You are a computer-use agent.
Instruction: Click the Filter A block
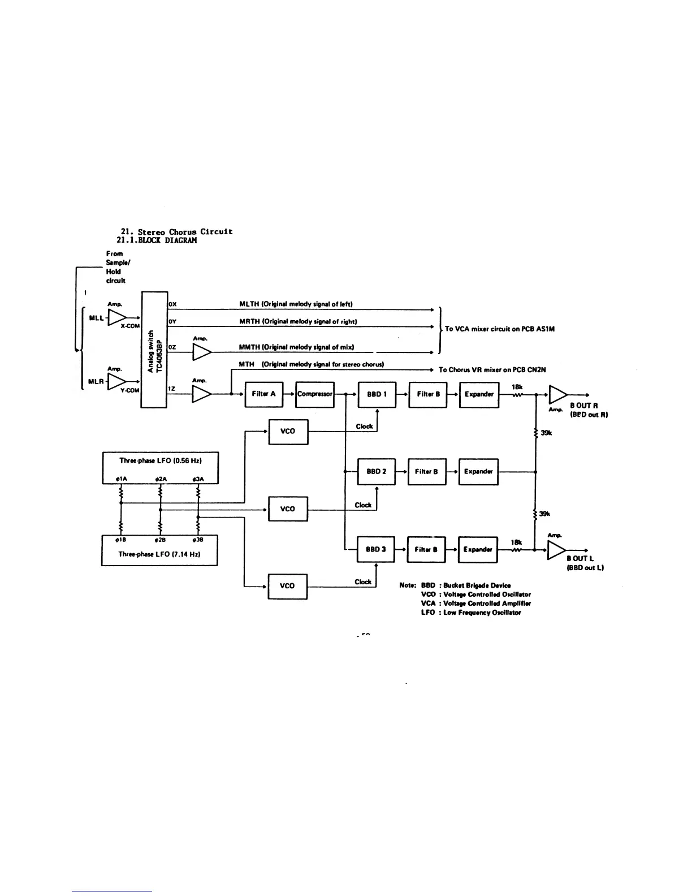263,394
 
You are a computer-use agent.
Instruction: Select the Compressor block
315,394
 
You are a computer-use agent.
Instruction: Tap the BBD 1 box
377,394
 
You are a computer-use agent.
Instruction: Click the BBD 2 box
376,472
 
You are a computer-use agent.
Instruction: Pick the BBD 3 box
375,549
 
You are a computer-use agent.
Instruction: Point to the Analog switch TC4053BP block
154,349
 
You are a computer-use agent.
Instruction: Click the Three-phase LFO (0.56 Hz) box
160,468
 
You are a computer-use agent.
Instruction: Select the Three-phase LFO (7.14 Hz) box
159,550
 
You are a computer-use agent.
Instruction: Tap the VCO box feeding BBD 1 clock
288,431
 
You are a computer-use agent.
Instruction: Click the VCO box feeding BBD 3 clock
287,586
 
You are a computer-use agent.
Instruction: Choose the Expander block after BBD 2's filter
478,472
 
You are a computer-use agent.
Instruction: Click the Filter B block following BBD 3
426,549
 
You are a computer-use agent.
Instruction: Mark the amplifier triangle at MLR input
116,381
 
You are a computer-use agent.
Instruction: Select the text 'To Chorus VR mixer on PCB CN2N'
492,370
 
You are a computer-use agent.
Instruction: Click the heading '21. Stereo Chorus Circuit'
176,231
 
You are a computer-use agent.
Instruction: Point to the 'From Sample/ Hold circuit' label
116,267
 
